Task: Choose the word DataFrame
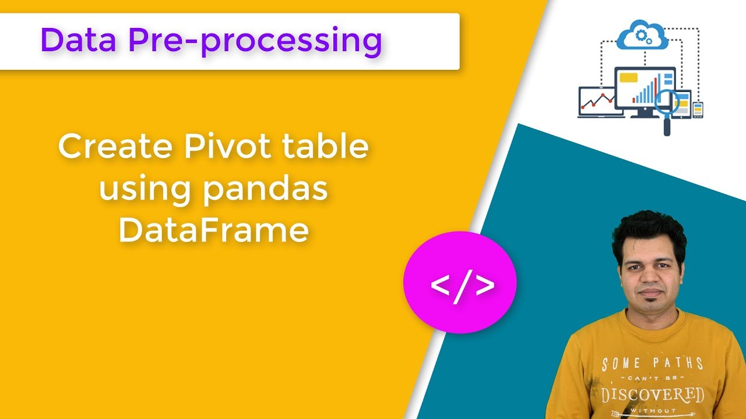pos(213,231)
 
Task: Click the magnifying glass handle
pos(667,126)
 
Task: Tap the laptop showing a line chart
pos(596,102)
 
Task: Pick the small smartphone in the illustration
pos(698,109)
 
